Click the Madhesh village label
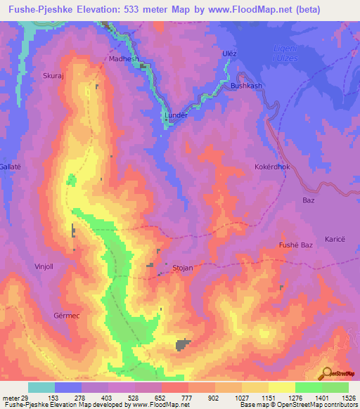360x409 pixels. [x=124, y=60]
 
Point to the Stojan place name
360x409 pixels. [x=183, y=268]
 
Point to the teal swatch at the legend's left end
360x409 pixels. [x=41, y=387]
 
